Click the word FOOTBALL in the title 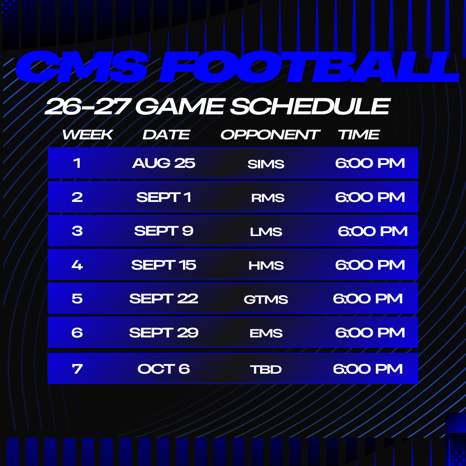[309, 66]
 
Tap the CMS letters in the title [82, 66]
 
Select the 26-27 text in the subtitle [87, 107]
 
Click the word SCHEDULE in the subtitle [310, 107]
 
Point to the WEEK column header [88, 135]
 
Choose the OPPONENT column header [270, 135]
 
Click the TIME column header [359, 135]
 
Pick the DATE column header [166, 135]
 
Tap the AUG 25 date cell [164, 163]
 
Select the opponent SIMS [266, 164]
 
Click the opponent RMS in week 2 [268, 198]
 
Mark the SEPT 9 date [164, 231]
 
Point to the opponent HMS [266, 266]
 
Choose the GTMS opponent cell [266, 299]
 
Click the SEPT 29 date [164, 333]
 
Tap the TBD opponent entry [266, 370]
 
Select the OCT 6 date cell [164, 369]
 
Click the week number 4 [77, 265]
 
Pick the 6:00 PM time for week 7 [368, 369]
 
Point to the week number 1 [77, 163]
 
